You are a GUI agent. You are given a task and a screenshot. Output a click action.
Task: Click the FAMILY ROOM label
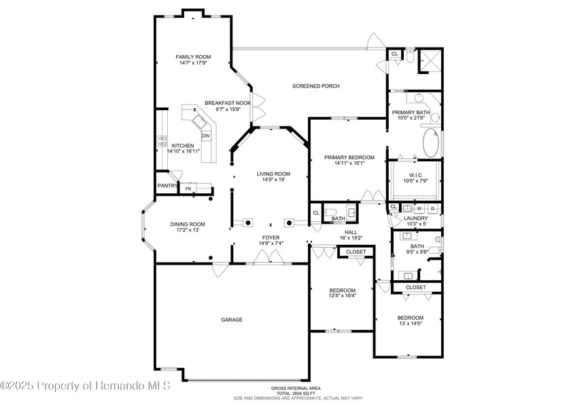click(x=193, y=57)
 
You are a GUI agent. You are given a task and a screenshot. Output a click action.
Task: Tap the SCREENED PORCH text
click(x=315, y=86)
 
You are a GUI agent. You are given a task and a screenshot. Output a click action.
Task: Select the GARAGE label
click(x=231, y=320)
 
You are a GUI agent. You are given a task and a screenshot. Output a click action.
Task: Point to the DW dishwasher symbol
click(x=205, y=135)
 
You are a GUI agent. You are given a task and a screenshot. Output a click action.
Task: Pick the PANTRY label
click(x=167, y=186)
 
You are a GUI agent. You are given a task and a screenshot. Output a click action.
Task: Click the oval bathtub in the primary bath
click(x=431, y=144)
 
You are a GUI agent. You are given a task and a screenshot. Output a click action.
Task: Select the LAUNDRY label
click(x=415, y=218)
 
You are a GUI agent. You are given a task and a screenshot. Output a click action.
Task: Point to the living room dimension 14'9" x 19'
click(x=273, y=180)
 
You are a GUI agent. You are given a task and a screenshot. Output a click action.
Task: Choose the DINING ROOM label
click(x=188, y=224)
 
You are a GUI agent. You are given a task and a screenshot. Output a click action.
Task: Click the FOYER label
click(x=271, y=237)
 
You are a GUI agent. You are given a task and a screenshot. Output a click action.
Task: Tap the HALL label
click(x=351, y=232)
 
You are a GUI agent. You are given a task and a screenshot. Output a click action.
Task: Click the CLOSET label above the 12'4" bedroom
click(x=356, y=252)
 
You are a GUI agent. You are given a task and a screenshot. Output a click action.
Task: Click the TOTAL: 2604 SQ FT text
click(x=291, y=392)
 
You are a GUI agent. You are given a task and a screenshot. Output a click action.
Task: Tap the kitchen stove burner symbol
click(x=163, y=141)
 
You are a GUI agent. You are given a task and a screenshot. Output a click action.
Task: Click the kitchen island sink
click(x=200, y=122)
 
